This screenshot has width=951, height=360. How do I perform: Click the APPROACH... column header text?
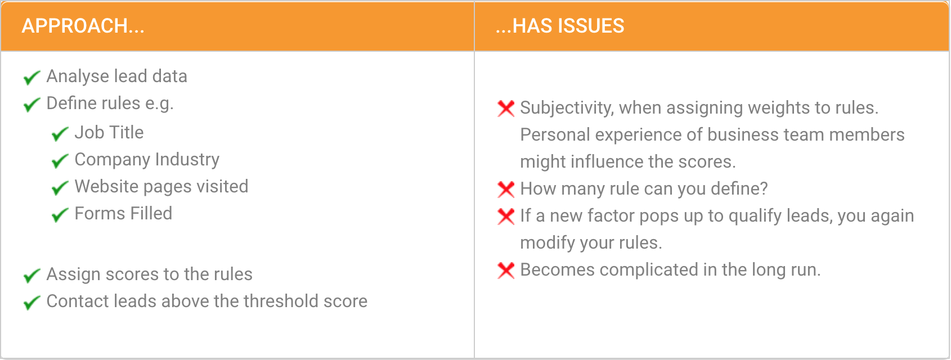point(83,26)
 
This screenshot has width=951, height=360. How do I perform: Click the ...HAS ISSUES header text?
point(560,26)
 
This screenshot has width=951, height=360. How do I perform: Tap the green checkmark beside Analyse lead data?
point(32,77)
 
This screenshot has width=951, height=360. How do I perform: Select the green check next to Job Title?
point(60,134)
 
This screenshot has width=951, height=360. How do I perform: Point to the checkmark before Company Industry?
point(60,161)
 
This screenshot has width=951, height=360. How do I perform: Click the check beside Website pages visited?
point(60,188)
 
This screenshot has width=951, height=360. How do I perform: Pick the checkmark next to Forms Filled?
point(60,215)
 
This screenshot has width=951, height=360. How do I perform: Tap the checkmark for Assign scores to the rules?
point(32,276)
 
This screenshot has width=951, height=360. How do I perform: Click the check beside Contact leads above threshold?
point(32,303)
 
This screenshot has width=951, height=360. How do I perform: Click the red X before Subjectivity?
point(506,108)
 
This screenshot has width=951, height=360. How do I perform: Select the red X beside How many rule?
point(506,190)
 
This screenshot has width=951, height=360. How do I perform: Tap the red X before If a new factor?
point(506,217)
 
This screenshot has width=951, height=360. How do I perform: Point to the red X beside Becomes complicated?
point(506,271)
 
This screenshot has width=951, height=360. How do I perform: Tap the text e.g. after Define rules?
point(159,103)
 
